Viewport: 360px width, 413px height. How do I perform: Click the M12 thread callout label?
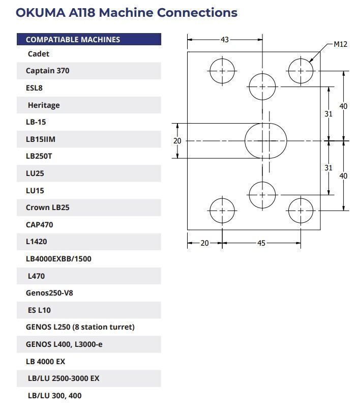[x=340, y=44]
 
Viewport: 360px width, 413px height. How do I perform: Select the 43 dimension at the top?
[x=225, y=40]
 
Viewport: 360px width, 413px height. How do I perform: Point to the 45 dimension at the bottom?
[x=261, y=243]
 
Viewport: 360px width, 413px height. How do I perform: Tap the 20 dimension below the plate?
[x=204, y=243]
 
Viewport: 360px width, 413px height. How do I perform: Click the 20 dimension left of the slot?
[x=177, y=141]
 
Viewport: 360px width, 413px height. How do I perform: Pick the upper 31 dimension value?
[x=328, y=114]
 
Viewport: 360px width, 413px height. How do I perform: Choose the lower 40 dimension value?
[x=343, y=175]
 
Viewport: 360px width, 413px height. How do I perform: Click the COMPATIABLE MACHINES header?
[x=73, y=40]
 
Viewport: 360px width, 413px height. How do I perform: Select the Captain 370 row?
[x=89, y=71]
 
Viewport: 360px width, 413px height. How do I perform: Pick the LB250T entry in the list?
[x=39, y=156]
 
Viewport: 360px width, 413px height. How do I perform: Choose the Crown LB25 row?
[x=89, y=208]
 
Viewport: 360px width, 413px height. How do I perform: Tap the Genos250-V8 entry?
[x=49, y=293]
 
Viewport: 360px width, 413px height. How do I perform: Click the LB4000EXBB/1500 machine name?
[x=58, y=259]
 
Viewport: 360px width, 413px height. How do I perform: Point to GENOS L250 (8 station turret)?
[x=80, y=327]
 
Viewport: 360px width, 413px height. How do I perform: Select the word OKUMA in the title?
[x=41, y=13]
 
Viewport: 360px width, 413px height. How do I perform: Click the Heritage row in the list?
[x=89, y=105]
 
